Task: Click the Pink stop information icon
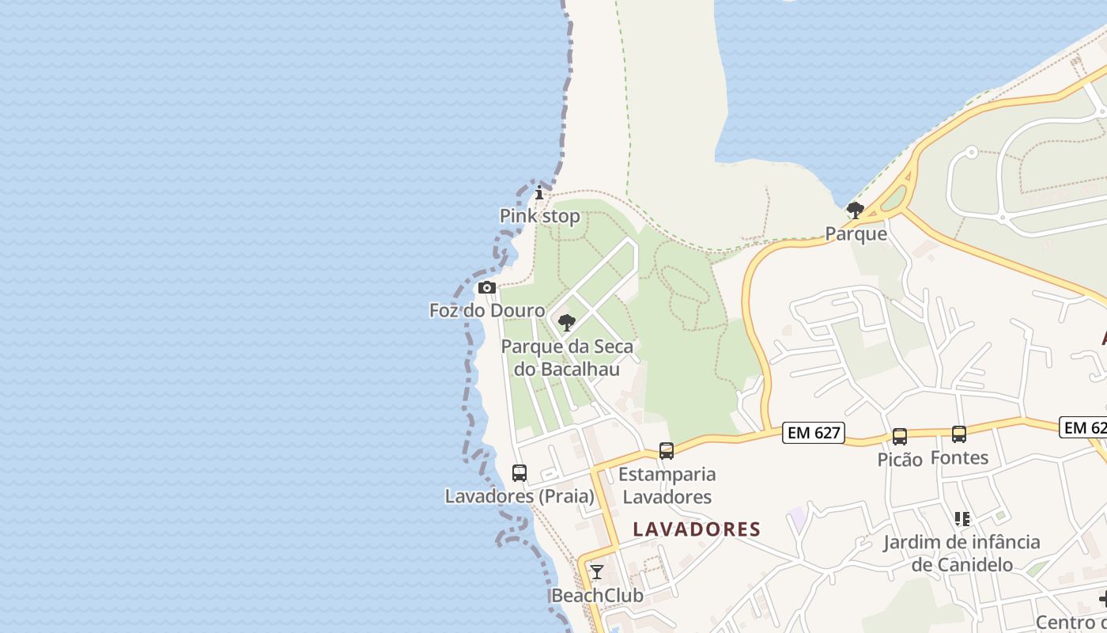pyautogui.click(x=539, y=193)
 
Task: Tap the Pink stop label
pyautogui.click(x=539, y=216)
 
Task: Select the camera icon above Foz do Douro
pyautogui.click(x=487, y=287)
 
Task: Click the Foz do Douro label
pyautogui.click(x=487, y=310)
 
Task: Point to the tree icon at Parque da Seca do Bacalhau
pyautogui.click(x=566, y=323)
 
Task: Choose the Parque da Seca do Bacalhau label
pyautogui.click(x=567, y=358)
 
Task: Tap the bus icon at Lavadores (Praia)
pyautogui.click(x=519, y=473)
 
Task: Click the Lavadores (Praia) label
pyautogui.click(x=519, y=496)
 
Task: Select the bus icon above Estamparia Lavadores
pyautogui.click(x=667, y=451)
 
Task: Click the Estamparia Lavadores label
pyautogui.click(x=667, y=486)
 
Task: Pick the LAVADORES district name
pyautogui.click(x=697, y=529)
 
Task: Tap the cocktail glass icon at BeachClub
pyautogui.click(x=597, y=572)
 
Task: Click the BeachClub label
pyautogui.click(x=597, y=595)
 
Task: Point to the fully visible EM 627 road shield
pyautogui.click(x=814, y=433)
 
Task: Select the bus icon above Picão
pyautogui.click(x=900, y=437)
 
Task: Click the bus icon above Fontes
pyautogui.click(x=959, y=434)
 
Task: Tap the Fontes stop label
pyautogui.click(x=959, y=457)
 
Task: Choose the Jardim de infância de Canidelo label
pyautogui.click(x=962, y=553)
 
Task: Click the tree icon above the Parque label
pyautogui.click(x=856, y=210)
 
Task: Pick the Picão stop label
pyautogui.click(x=900, y=460)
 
